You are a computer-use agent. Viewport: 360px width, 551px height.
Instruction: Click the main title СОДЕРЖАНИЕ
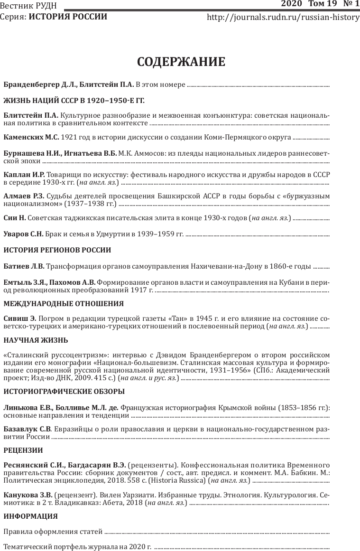point(181,62)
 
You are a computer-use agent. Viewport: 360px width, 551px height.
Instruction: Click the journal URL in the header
point(284,18)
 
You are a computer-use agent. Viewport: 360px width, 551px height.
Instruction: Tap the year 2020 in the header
point(291,4)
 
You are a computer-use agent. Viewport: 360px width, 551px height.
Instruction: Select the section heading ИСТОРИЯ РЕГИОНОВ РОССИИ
point(57,250)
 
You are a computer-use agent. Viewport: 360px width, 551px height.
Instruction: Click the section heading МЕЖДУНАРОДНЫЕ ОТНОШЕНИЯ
point(64,303)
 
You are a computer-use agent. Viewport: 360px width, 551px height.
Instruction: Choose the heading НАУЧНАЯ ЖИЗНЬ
point(36,340)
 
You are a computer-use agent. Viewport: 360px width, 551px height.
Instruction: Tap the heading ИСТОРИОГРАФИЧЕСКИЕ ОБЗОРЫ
point(64,392)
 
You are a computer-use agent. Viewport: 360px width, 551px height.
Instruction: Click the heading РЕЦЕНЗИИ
point(23,450)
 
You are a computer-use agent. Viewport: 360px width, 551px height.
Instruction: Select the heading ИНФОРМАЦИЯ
point(30,516)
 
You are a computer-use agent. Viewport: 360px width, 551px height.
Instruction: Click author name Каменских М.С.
point(31,138)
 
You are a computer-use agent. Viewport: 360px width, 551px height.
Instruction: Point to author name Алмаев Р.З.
point(24,196)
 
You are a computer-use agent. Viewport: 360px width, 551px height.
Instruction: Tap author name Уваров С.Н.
point(23,234)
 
